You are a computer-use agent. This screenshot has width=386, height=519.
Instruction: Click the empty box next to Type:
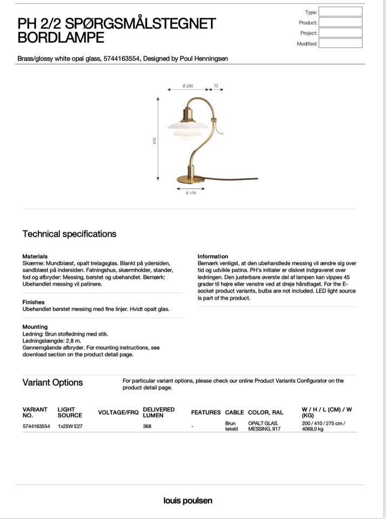340,12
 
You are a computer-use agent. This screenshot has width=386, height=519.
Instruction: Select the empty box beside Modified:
340,44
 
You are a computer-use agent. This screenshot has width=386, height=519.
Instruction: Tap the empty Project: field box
340,33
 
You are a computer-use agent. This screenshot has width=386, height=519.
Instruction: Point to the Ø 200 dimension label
188,86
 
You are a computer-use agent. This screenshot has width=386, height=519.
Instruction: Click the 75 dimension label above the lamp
216,86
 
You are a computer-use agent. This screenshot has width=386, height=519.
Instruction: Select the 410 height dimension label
155,141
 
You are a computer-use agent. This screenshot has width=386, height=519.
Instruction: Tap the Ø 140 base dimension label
190,193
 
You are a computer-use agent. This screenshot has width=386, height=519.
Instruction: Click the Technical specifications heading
69,234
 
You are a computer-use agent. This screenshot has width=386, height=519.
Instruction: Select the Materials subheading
35,256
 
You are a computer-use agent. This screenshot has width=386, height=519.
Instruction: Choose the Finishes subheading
34,302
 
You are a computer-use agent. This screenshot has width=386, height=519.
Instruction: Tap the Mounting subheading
35,327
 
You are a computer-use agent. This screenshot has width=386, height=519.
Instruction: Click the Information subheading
212,256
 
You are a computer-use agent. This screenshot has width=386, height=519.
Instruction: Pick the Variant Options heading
52,383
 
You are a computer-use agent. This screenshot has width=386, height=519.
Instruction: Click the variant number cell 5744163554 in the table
36,427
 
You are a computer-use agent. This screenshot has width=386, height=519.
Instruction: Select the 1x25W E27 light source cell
70,427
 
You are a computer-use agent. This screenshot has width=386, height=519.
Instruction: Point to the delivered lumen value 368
147,427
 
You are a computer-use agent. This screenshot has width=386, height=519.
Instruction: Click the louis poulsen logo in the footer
188,501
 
